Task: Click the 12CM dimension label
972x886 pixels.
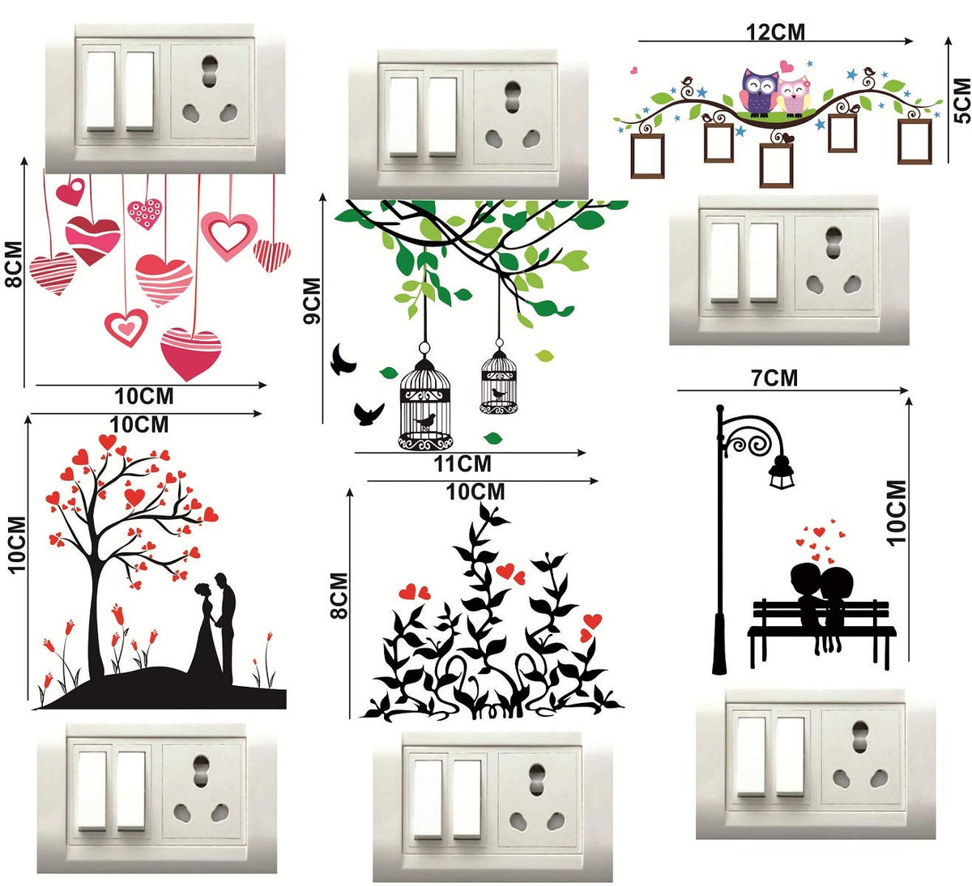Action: click(775, 32)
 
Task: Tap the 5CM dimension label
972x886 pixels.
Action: click(963, 100)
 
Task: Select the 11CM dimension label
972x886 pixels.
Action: click(463, 464)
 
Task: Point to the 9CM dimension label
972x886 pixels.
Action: click(313, 300)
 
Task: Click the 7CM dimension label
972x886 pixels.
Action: click(775, 378)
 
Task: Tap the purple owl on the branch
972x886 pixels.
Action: click(759, 92)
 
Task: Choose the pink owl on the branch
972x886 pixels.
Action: click(794, 95)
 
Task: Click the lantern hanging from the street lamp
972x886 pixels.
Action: click(782, 471)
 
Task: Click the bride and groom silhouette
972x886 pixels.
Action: click(216, 629)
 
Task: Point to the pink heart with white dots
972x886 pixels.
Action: click(145, 213)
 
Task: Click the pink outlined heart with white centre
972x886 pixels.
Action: click(228, 234)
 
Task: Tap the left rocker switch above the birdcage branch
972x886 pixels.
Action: click(403, 117)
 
